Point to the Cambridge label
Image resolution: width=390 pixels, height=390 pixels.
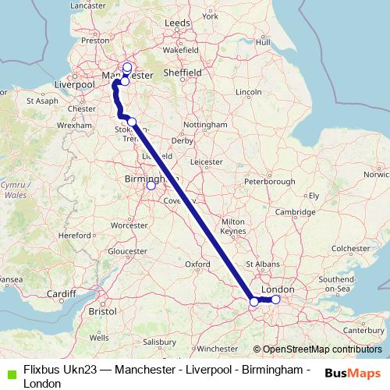click(x=294, y=212)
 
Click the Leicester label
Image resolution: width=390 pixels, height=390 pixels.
click(x=207, y=162)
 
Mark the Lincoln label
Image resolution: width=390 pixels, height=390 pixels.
click(x=248, y=92)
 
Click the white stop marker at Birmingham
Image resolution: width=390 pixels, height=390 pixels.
click(x=151, y=186)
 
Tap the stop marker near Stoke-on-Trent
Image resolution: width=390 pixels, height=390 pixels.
click(x=133, y=121)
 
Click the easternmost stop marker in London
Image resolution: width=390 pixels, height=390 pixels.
click(x=275, y=300)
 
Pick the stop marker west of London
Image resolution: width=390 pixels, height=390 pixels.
click(x=253, y=302)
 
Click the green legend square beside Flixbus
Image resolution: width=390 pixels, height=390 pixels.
click(x=9, y=370)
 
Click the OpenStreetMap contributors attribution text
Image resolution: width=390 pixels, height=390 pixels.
click(x=321, y=349)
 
